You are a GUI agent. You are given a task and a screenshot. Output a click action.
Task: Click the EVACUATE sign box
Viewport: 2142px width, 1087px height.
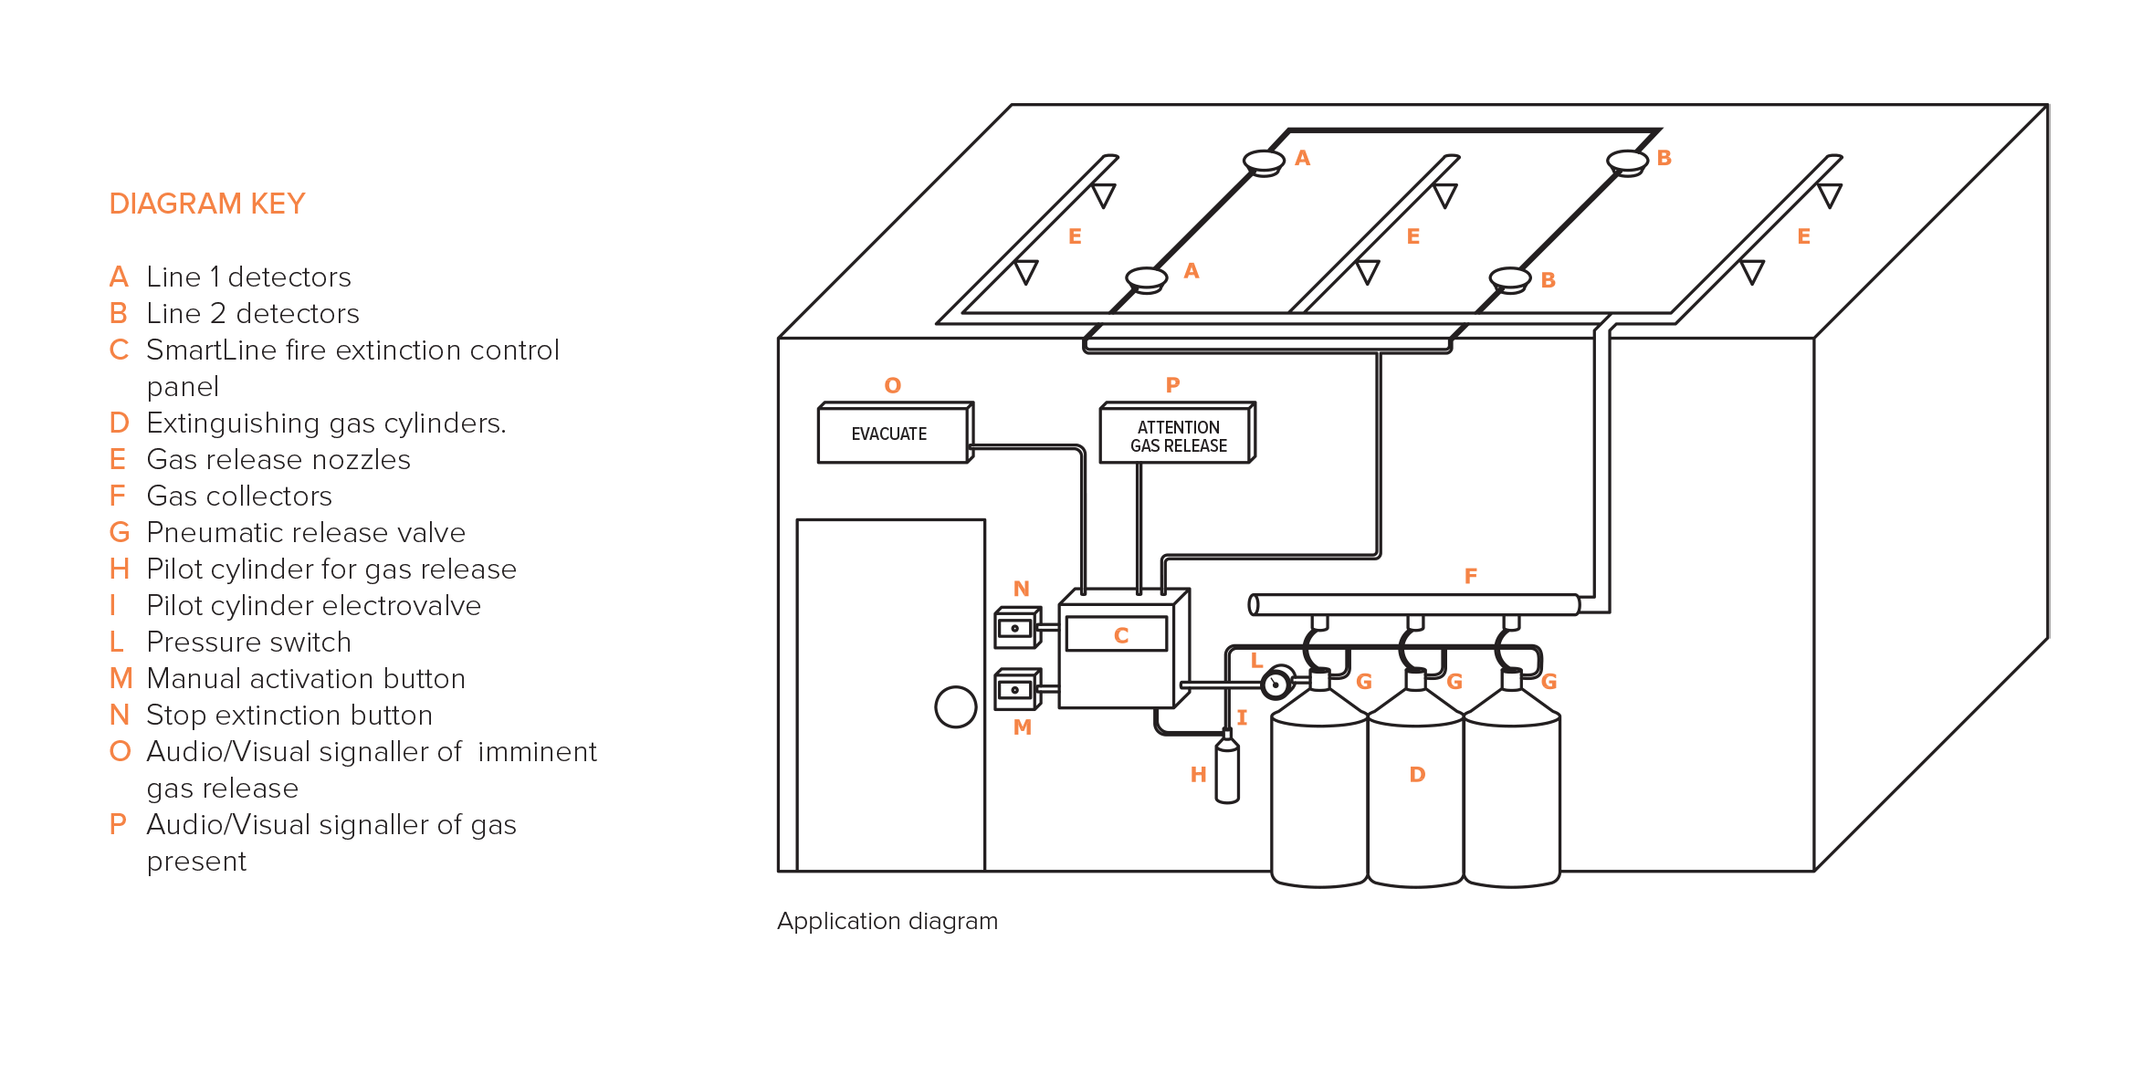pyautogui.click(x=896, y=433)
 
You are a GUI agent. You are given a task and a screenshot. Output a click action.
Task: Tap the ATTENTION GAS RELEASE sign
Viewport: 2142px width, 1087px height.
pyautogui.click(x=1178, y=433)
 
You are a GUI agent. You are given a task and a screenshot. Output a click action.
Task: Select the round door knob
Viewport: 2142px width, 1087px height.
pyautogui.click(x=956, y=706)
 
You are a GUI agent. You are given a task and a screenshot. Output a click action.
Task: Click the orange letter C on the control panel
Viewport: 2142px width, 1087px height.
pyautogui.click(x=1121, y=635)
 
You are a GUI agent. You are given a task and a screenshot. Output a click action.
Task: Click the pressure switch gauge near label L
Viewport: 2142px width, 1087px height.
pyautogui.click(x=1276, y=684)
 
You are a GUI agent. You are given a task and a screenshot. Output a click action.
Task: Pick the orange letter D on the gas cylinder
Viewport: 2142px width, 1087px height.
pyautogui.click(x=1417, y=774)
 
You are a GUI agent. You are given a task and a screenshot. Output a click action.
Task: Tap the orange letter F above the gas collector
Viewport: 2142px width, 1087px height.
pyautogui.click(x=1470, y=576)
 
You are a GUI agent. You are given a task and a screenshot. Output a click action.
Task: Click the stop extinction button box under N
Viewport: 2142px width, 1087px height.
pyautogui.click(x=1017, y=628)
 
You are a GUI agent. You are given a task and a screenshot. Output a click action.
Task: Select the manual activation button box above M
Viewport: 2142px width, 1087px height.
pyautogui.click(x=1017, y=690)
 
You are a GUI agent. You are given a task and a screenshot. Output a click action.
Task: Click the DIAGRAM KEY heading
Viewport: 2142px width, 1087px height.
pyautogui.click(x=207, y=204)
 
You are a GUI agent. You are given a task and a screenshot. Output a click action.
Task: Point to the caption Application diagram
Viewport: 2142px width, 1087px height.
pyautogui.click(x=887, y=921)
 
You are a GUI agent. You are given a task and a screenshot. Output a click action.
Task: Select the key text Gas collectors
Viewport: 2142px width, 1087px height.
pyautogui.click(x=239, y=496)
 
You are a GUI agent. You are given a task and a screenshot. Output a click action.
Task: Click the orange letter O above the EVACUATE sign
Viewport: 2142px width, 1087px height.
pyautogui.click(x=893, y=385)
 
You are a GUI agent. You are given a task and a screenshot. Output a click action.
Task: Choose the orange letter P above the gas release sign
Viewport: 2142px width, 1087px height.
pyautogui.click(x=1172, y=385)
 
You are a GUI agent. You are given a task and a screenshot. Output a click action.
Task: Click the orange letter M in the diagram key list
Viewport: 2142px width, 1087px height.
pyautogui.click(x=121, y=678)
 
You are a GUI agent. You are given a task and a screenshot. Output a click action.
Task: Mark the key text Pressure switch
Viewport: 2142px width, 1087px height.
pyautogui.click(x=248, y=642)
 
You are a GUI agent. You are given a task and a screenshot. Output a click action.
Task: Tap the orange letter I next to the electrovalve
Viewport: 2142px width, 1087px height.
pyautogui.click(x=1242, y=717)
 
